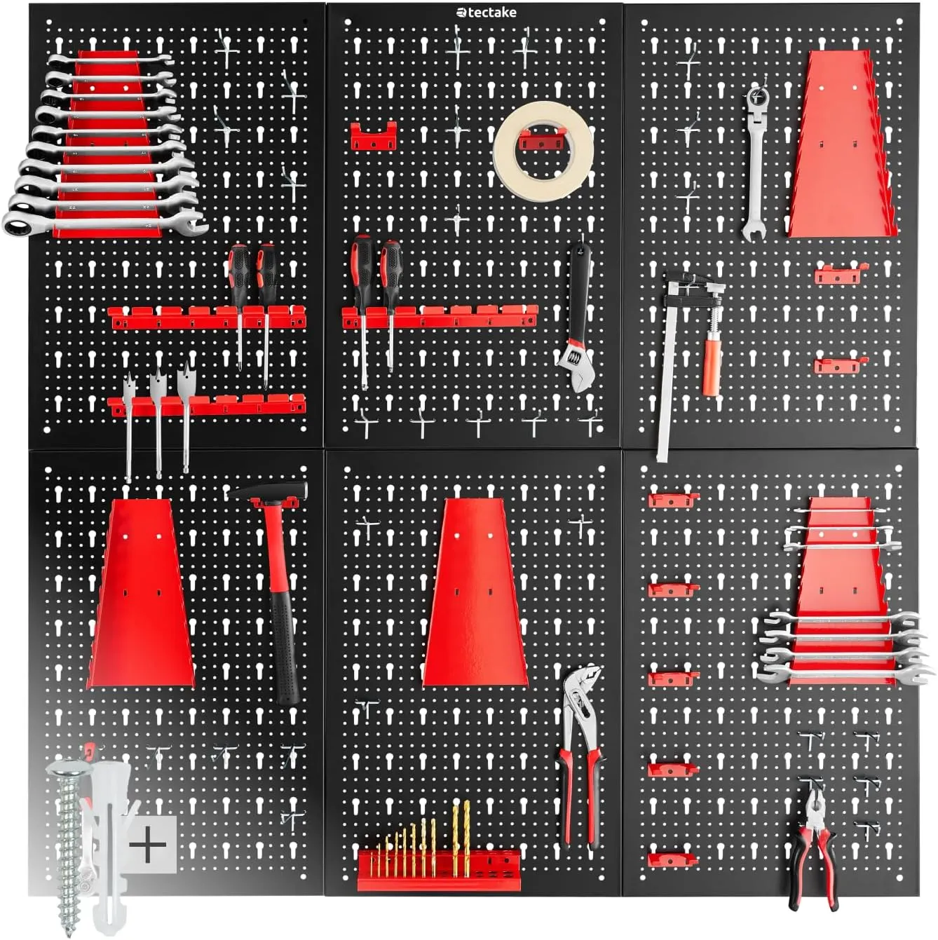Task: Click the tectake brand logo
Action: (x=486, y=13)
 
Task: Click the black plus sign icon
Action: (x=148, y=845)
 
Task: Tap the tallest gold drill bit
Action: (x=467, y=835)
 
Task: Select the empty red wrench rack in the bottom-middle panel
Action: (x=475, y=592)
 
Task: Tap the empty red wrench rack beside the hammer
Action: (x=140, y=593)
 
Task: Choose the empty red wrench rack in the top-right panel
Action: (x=843, y=144)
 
